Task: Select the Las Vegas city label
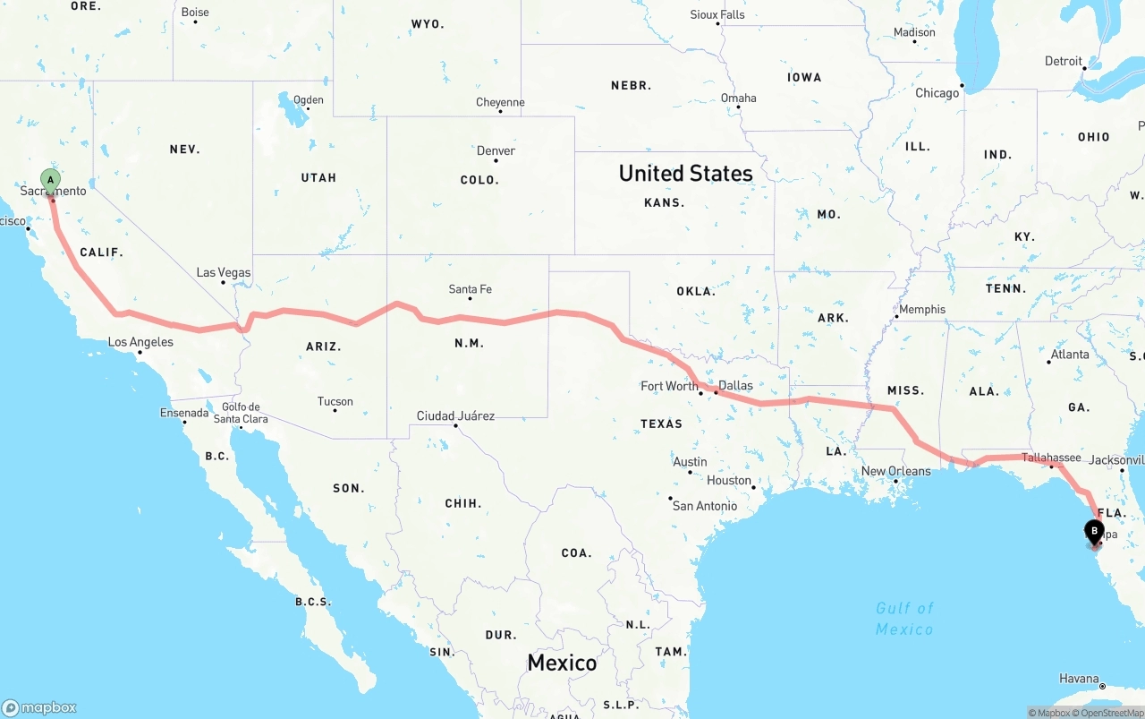pos(224,273)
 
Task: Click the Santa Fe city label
pos(470,289)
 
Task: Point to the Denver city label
pos(496,150)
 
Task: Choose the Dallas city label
pos(735,386)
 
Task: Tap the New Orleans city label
pos(895,471)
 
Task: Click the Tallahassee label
pos(1051,458)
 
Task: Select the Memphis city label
pos(921,310)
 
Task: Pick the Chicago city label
pos(937,93)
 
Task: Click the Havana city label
pos(1078,679)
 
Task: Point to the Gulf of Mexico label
pos(904,619)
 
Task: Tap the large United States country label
pos(685,173)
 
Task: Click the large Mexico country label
pos(562,663)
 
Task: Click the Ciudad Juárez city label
pos(455,416)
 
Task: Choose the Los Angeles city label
pos(140,342)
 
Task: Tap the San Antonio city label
pos(704,506)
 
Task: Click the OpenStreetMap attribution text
pos(1113,713)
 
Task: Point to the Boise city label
pos(194,13)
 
